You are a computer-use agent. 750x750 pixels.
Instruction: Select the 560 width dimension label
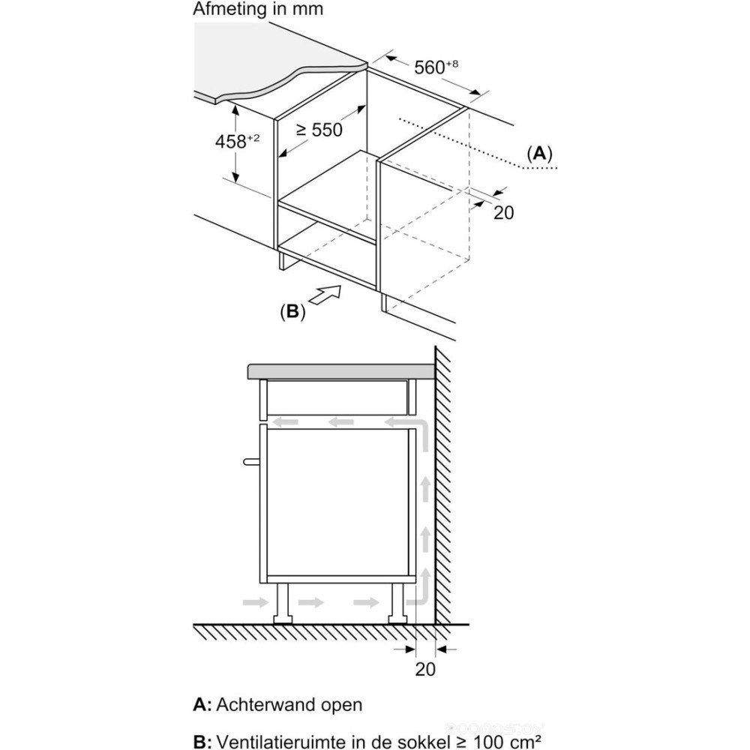click(x=433, y=67)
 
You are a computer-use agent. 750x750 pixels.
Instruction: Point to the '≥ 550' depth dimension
click(x=318, y=130)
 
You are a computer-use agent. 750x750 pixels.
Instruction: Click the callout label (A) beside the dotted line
click(x=538, y=154)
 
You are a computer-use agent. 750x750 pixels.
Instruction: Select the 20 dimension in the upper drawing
click(x=504, y=212)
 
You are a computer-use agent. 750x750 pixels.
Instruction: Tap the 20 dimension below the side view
click(x=425, y=668)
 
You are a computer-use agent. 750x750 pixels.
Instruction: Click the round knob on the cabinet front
click(x=249, y=461)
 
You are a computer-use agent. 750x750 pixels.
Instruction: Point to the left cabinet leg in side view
click(x=284, y=604)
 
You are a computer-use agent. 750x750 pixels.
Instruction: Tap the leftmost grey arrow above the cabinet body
click(x=284, y=423)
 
